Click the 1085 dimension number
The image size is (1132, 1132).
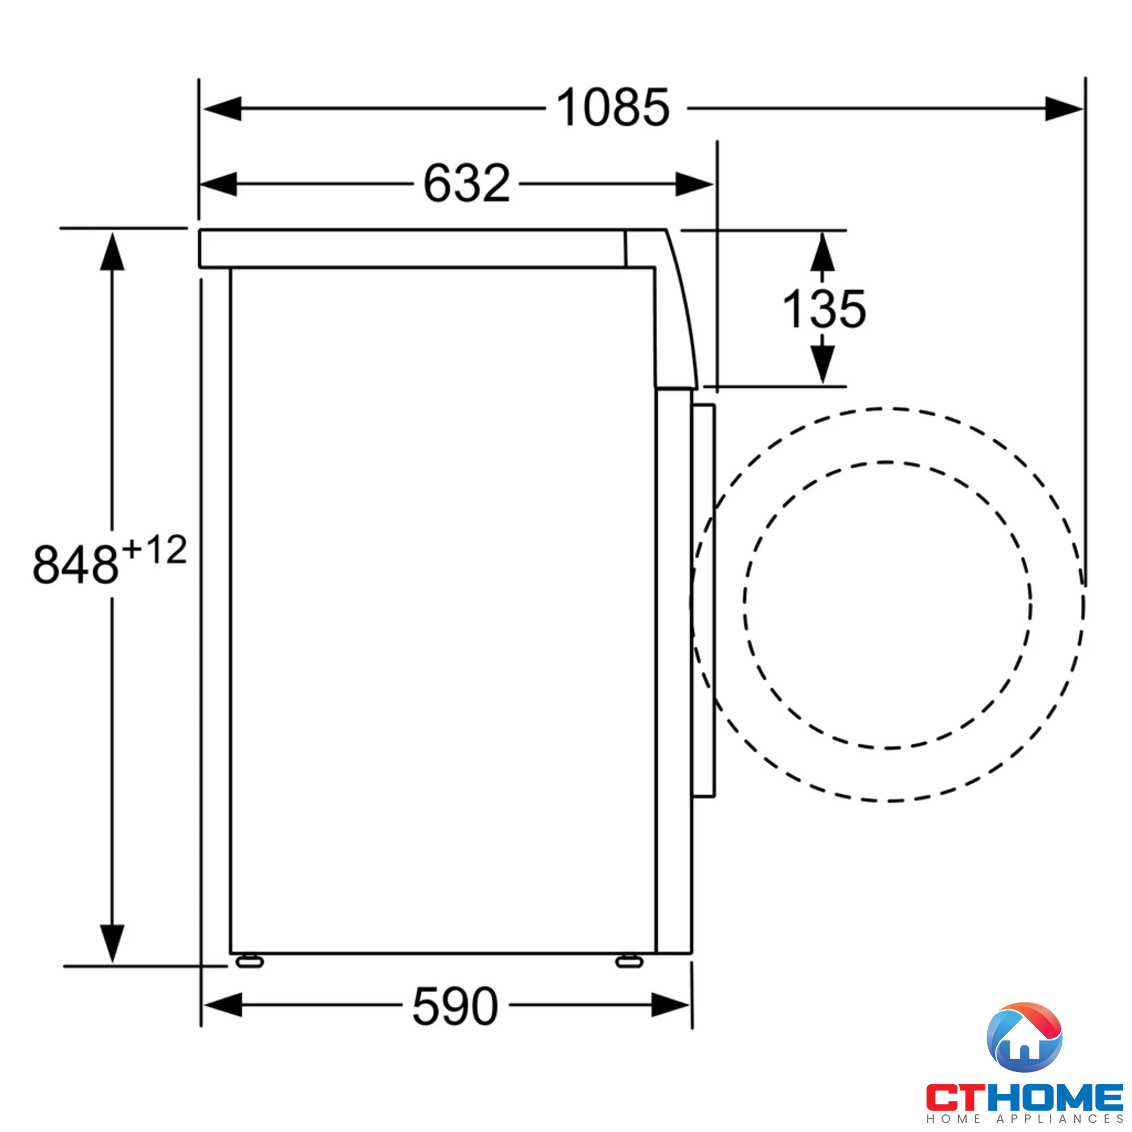(612, 107)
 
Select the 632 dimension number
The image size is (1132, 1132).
(467, 183)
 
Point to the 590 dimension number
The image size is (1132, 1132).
(455, 1006)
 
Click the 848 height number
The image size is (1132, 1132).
(76, 564)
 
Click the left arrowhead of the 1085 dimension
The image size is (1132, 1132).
(222, 109)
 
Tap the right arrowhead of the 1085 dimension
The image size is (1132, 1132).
(1064, 109)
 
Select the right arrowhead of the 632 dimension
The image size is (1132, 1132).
(694, 184)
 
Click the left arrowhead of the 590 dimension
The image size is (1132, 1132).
(223, 1005)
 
